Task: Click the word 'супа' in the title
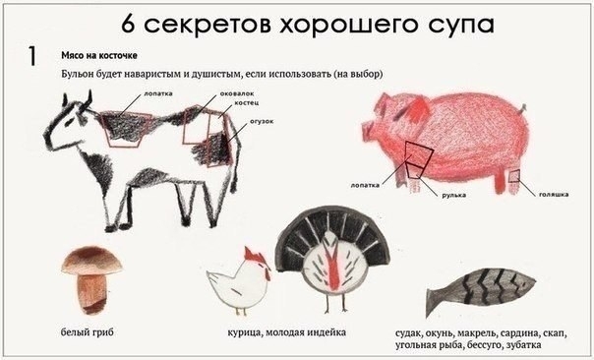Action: click(x=461, y=25)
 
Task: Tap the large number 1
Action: click(x=32, y=56)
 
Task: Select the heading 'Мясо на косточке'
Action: click(x=99, y=55)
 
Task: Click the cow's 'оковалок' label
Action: click(x=237, y=93)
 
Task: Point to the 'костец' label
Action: click(x=246, y=102)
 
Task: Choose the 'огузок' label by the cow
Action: click(x=262, y=122)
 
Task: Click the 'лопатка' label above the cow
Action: click(x=158, y=93)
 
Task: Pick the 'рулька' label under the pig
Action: click(x=453, y=195)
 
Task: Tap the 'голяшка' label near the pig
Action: click(x=554, y=195)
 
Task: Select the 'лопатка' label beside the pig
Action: click(x=365, y=185)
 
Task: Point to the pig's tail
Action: click(x=522, y=109)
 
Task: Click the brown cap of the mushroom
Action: click(x=91, y=261)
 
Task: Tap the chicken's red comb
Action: click(x=254, y=255)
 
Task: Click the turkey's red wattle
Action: click(x=333, y=270)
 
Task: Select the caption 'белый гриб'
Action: click(x=88, y=332)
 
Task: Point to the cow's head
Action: click(x=70, y=121)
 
